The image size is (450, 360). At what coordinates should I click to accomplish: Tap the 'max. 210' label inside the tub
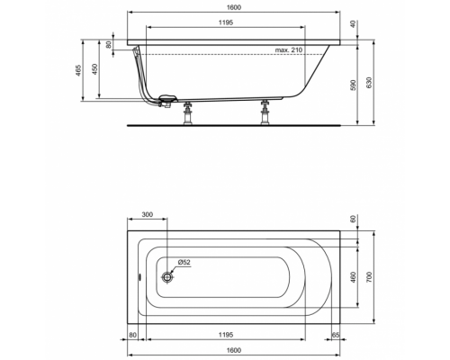(x=288, y=50)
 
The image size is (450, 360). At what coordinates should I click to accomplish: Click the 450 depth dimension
(x=96, y=70)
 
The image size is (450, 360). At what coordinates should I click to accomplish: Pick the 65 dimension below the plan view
(x=334, y=334)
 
